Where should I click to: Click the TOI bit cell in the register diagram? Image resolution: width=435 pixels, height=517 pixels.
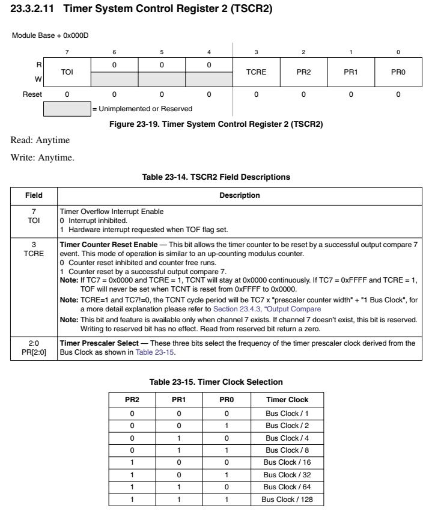(67, 72)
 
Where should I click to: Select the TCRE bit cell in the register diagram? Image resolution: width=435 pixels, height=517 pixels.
(256, 72)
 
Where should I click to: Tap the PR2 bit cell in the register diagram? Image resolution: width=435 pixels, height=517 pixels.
(303, 72)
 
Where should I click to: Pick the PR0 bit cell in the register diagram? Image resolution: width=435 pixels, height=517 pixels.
(398, 72)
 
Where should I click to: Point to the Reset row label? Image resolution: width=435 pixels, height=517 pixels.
(32, 94)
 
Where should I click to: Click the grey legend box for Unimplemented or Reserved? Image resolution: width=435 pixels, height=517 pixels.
(67, 109)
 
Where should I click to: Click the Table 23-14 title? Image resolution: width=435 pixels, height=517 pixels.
(216, 177)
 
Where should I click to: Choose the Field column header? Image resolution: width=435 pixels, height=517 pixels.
(34, 195)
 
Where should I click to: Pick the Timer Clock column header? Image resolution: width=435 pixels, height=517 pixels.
(287, 400)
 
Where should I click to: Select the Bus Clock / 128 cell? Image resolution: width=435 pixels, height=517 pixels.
(287, 499)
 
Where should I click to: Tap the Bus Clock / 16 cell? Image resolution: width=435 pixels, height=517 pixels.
(287, 462)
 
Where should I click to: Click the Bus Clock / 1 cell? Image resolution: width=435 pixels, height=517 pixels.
(287, 414)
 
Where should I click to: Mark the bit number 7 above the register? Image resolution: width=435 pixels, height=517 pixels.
(67, 52)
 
